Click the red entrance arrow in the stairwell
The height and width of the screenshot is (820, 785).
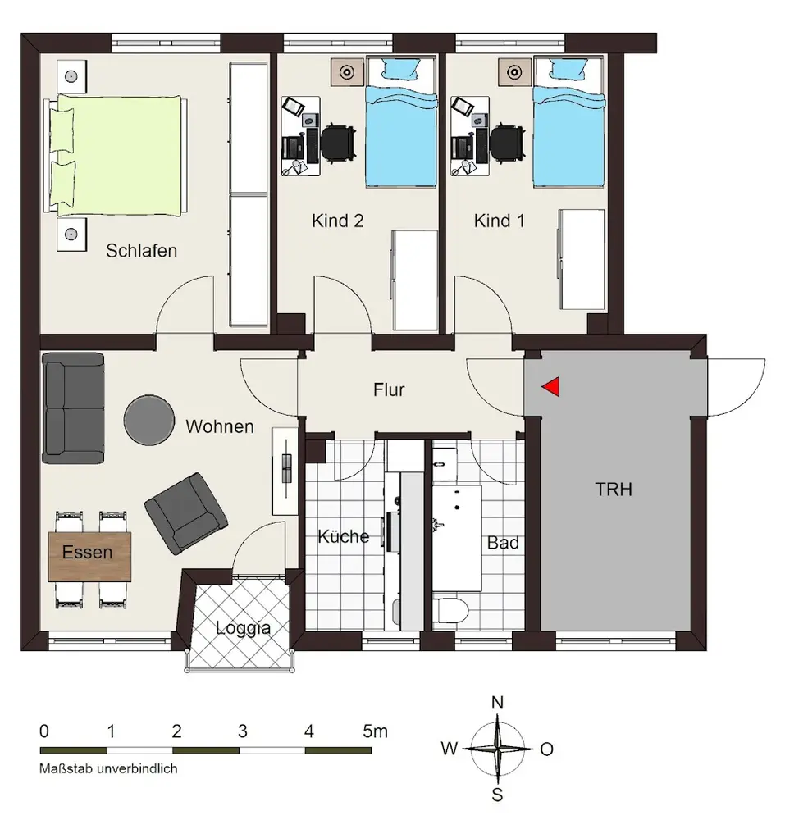pyautogui.click(x=552, y=387)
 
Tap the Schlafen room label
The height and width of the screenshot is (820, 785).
pyautogui.click(x=142, y=251)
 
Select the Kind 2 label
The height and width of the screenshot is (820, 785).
pyautogui.click(x=337, y=221)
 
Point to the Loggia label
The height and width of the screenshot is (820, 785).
pyautogui.click(x=243, y=628)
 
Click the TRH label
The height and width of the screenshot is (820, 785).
pyautogui.click(x=614, y=490)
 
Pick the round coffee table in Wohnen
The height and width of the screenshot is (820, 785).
pyautogui.click(x=149, y=420)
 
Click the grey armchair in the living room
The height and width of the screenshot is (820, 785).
pyautogui.click(x=186, y=514)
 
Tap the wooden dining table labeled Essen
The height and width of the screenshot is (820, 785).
pyautogui.click(x=89, y=557)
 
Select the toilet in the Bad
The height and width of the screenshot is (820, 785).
pyautogui.click(x=451, y=611)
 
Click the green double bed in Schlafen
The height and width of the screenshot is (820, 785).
pyautogui.click(x=116, y=155)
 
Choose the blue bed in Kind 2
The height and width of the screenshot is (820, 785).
pyautogui.click(x=401, y=122)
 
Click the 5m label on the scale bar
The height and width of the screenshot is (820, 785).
pyautogui.click(x=376, y=731)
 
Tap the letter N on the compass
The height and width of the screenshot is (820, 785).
pyautogui.click(x=497, y=703)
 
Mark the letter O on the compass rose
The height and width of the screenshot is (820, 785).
pyautogui.click(x=547, y=749)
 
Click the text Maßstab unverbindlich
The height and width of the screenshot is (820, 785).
pyautogui.click(x=108, y=769)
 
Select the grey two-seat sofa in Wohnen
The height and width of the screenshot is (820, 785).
pyautogui.click(x=73, y=408)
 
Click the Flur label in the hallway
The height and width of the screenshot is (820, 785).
pyautogui.click(x=389, y=389)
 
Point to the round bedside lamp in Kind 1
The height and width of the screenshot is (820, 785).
pyautogui.click(x=514, y=72)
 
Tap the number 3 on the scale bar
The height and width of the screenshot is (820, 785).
pyautogui.click(x=242, y=731)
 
